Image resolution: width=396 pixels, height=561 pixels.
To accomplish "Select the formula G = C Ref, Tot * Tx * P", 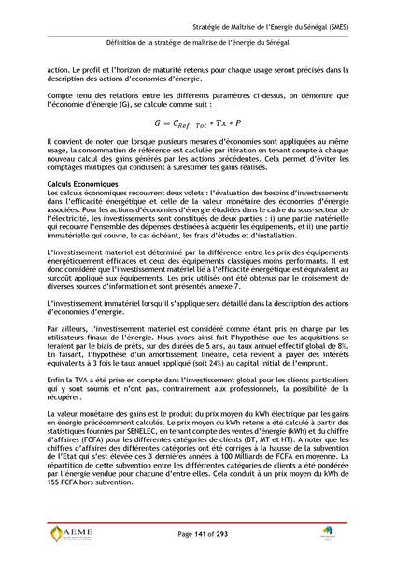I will [197, 122].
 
